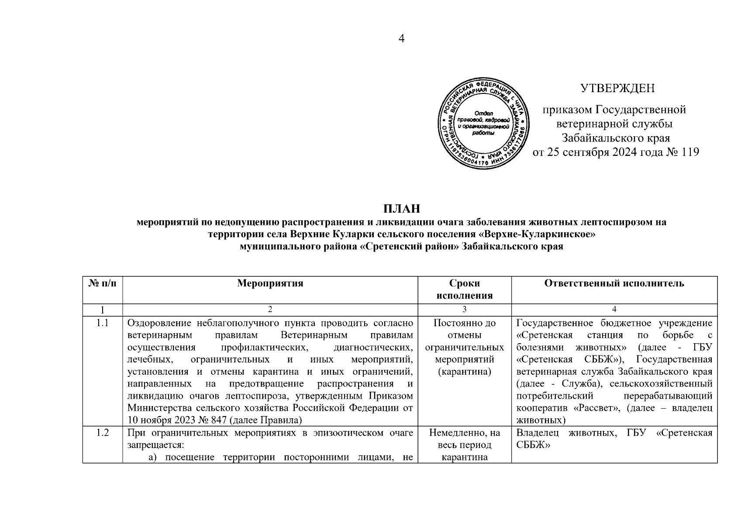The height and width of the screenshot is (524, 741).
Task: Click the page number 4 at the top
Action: tap(402, 38)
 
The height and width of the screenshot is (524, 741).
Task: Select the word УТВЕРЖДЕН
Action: tap(617, 88)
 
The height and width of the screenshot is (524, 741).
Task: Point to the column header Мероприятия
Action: tap(270, 283)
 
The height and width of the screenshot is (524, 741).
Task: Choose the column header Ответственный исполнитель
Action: tap(614, 283)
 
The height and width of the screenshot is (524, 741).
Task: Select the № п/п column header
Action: tap(103, 283)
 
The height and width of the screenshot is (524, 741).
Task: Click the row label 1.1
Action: tap(103, 324)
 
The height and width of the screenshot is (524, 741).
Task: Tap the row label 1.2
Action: tap(103, 433)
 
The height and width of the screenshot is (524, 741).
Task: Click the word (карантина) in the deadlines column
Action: tap(465, 372)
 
